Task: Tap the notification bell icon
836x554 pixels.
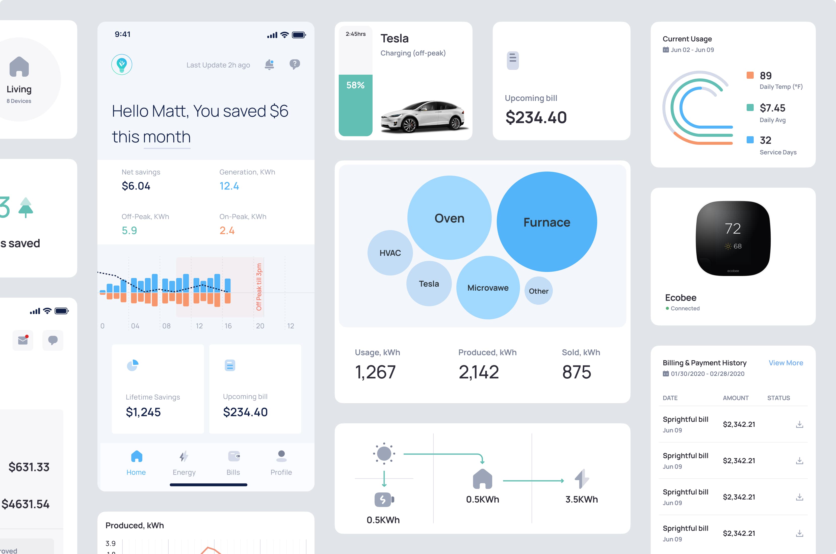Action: coord(269,64)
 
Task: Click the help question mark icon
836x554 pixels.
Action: coord(295,64)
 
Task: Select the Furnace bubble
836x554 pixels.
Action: coord(546,222)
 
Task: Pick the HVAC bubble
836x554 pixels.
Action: coord(390,253)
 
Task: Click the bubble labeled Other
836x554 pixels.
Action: coord(538,291)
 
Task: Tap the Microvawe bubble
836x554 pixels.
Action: coord(488,288)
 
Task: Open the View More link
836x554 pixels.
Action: coord(786,363)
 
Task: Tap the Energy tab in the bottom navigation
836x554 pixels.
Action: coord(184,463)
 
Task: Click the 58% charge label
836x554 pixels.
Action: coord(355,85)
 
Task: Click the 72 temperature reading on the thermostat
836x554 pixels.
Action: coord(733,229)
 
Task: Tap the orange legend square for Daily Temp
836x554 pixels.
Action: coord(750,75)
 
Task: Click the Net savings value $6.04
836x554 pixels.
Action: coord(136,186)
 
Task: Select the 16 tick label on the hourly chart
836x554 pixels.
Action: coord(228,326)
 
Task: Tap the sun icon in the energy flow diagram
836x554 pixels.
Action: coord(384,453)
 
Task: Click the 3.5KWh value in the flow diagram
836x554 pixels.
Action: coord(582,499)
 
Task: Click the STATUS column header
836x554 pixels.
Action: coord(778,398)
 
